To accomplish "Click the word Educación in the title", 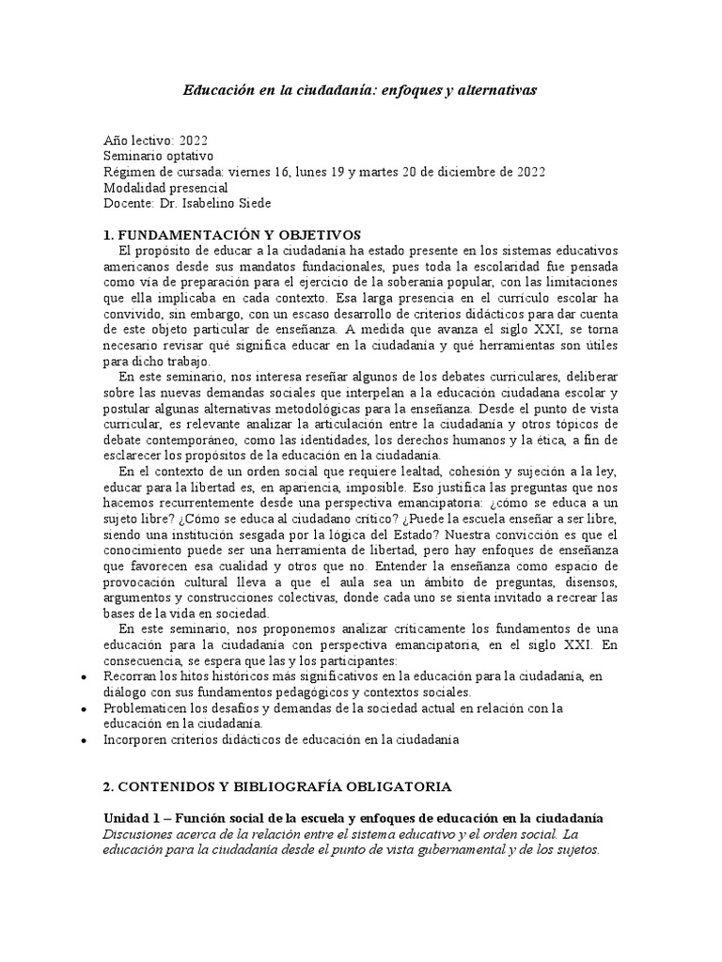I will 218,90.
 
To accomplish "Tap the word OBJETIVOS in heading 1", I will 320,235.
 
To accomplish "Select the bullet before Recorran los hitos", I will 86,676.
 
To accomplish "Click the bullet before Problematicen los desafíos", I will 86,708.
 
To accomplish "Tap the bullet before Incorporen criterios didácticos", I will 86,740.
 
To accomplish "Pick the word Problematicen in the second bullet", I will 146,708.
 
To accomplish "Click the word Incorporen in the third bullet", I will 137,740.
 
